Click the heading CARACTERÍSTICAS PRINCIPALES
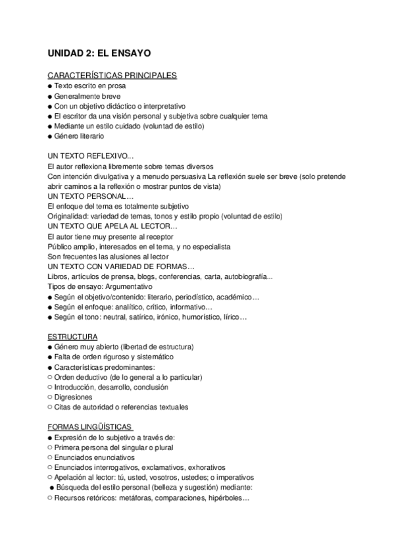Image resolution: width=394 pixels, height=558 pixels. point(112,76)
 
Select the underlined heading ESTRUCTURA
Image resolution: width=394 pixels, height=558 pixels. point(73,336)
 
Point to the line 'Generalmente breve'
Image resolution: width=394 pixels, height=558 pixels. point(83,95)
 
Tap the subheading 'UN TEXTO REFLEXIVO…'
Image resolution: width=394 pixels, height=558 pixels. point(91,157)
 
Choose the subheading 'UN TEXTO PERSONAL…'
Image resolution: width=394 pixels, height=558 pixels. point(90,196)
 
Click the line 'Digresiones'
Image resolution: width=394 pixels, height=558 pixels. point(74,397)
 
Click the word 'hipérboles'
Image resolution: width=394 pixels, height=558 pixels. point(224,497)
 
